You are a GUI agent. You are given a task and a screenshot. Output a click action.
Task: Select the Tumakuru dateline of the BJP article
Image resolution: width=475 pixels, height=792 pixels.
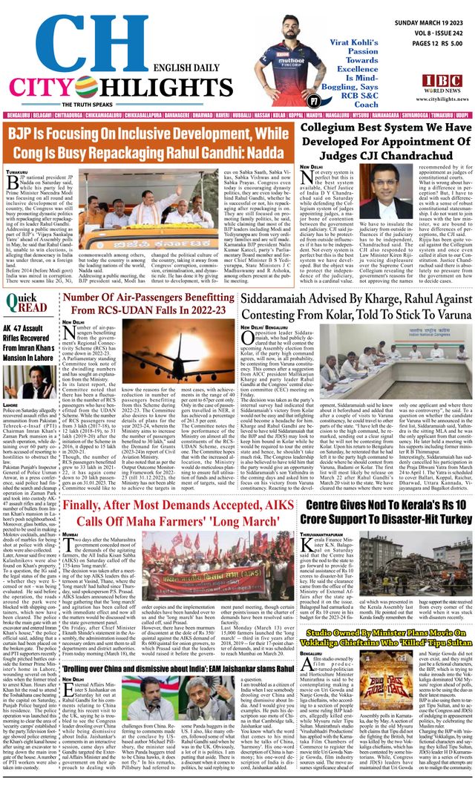coord(18,172)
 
